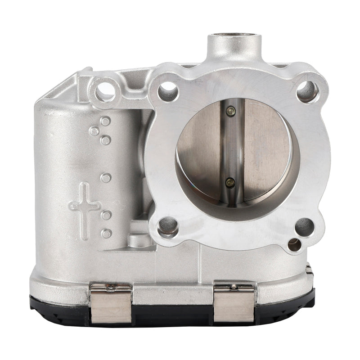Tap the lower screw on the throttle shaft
230,182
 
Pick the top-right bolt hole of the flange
308,91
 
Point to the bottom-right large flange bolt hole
304,226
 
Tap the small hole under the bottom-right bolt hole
294,245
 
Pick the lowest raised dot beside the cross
106,234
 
